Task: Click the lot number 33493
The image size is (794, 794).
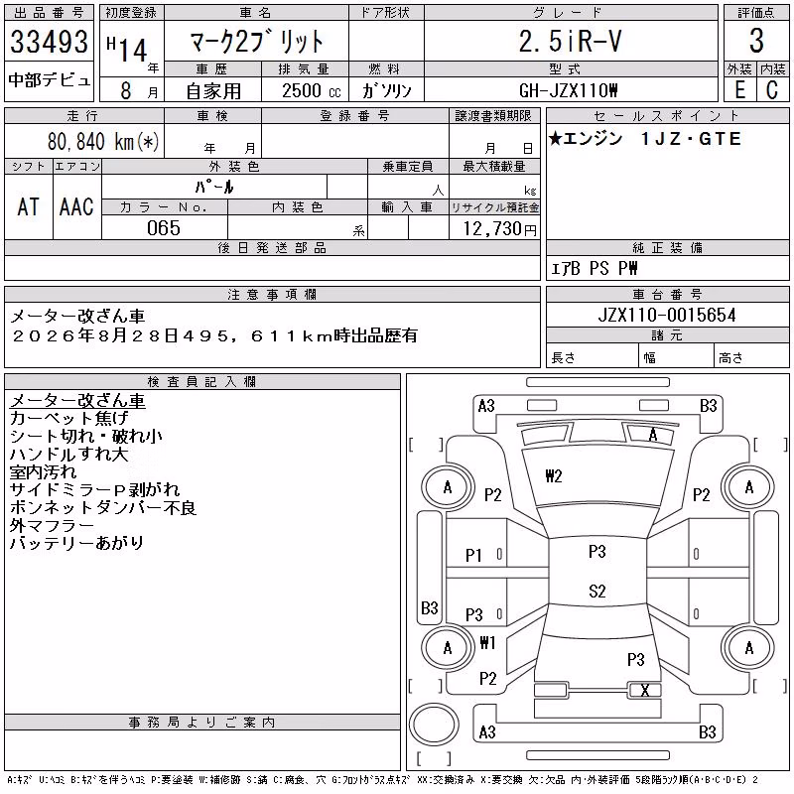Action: point(49,42)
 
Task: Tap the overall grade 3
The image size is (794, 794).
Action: point(756,41)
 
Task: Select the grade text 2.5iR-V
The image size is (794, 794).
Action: point(570,41)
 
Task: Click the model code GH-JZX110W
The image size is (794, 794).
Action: point(568,90)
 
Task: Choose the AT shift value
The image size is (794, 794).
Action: point(29,206)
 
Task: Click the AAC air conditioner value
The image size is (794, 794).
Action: point(76,206)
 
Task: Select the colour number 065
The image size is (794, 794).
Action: point(164,228)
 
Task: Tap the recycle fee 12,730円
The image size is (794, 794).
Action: point(500,229)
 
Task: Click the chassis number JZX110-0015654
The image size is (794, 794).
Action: point(667,315)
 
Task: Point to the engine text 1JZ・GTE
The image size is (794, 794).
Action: point(691,139)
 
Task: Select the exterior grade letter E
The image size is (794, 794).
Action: point(739,90)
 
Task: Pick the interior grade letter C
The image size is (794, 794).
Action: point(772,90)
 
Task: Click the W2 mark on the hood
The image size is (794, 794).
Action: point(554,476)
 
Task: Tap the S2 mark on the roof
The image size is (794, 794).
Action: point(597,591)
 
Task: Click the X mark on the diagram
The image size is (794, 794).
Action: point(644,690)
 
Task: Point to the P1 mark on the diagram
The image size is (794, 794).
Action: point(473,556)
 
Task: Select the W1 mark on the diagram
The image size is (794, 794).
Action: point(487,642)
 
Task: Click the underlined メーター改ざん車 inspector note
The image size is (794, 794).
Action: point(77,401)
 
